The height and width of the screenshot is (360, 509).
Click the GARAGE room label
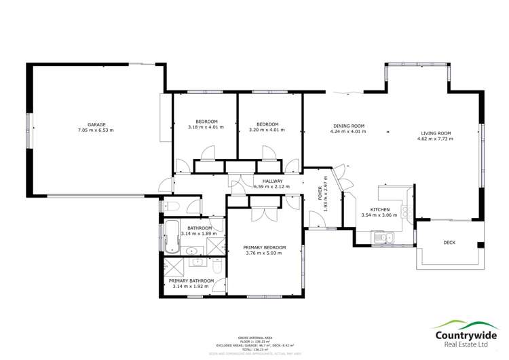pos(96,124)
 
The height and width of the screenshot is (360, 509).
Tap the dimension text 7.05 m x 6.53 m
pos(96,130)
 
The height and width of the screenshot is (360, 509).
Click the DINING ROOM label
pos(349,125)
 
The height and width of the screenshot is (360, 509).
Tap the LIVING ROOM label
pos(435,133)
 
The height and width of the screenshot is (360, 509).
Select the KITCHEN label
pos(379,210)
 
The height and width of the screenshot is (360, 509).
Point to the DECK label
pos(449,242)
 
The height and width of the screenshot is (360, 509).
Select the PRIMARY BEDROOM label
pos(265,247)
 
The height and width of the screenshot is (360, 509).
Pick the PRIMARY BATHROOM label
pos(191,281)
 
